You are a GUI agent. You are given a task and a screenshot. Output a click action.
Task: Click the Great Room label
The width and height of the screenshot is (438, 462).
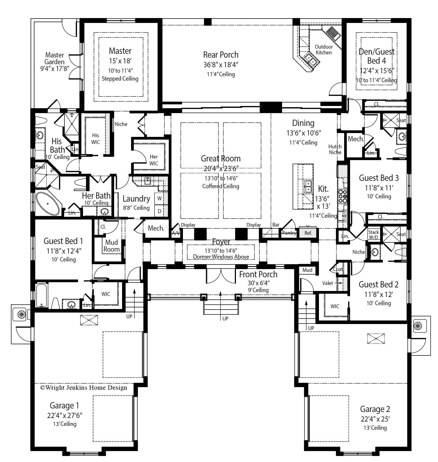[x=221, y=158]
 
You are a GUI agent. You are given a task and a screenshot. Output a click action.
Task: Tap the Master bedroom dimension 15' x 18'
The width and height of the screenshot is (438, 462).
[x=120, y=61]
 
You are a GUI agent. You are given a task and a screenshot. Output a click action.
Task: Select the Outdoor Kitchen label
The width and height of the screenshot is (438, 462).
[x=324, y=50]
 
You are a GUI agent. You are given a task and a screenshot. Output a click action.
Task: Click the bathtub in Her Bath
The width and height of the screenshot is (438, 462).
[x=48, y=204]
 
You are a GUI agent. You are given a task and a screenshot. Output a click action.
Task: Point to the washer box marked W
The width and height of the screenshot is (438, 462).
[x=159, y=199]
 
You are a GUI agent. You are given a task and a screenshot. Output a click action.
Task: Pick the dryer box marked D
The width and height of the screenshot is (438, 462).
[x=159, y=211]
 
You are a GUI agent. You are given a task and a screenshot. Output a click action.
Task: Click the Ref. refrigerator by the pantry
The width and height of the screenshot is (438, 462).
[x=308, y=233]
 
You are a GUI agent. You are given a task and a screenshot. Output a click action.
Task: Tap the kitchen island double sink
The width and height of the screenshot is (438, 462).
[x=308, y=187]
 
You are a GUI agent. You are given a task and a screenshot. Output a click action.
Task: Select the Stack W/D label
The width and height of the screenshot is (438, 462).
[x=373, y=234]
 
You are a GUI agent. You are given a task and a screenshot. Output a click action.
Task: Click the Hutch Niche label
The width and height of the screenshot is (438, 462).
[x=335, y=149]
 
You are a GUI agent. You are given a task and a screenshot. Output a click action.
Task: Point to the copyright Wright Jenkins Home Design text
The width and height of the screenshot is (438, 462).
[x=84, y=387]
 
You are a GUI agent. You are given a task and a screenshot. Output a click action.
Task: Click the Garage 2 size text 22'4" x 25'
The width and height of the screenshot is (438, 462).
[x=375, y=419]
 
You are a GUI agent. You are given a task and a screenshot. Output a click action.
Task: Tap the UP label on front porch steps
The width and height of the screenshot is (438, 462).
[x=225, y=319]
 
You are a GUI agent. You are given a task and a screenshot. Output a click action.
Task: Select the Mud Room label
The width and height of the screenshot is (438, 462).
[x=111, y=246]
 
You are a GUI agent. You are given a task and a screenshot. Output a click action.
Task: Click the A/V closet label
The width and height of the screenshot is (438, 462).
[x=176, y=233]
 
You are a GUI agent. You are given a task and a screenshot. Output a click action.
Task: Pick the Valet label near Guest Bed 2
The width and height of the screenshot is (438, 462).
[x=327, y=283]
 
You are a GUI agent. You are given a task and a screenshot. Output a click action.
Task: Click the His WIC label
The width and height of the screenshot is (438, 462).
[x=96, y=139]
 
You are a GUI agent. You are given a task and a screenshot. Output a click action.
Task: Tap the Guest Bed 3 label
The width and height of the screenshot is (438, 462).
[x=379, y=178]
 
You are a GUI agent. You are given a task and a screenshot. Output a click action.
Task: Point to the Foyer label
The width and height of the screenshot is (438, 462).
[x=221, y=242]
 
